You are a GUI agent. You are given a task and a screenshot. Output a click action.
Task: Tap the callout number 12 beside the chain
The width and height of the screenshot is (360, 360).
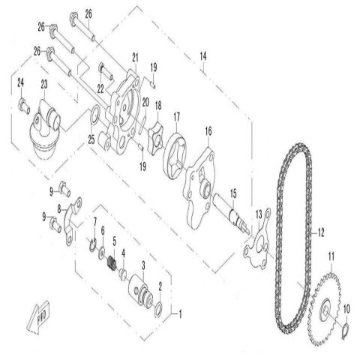click(x=321, y=232)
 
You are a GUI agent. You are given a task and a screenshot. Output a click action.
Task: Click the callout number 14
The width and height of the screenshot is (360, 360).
click(x=202, y=56)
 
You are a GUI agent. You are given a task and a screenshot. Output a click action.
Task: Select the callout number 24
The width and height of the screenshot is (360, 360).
click(x=20, y=83)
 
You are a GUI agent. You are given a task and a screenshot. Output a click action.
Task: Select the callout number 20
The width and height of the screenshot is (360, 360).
click(x=145, y=102)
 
